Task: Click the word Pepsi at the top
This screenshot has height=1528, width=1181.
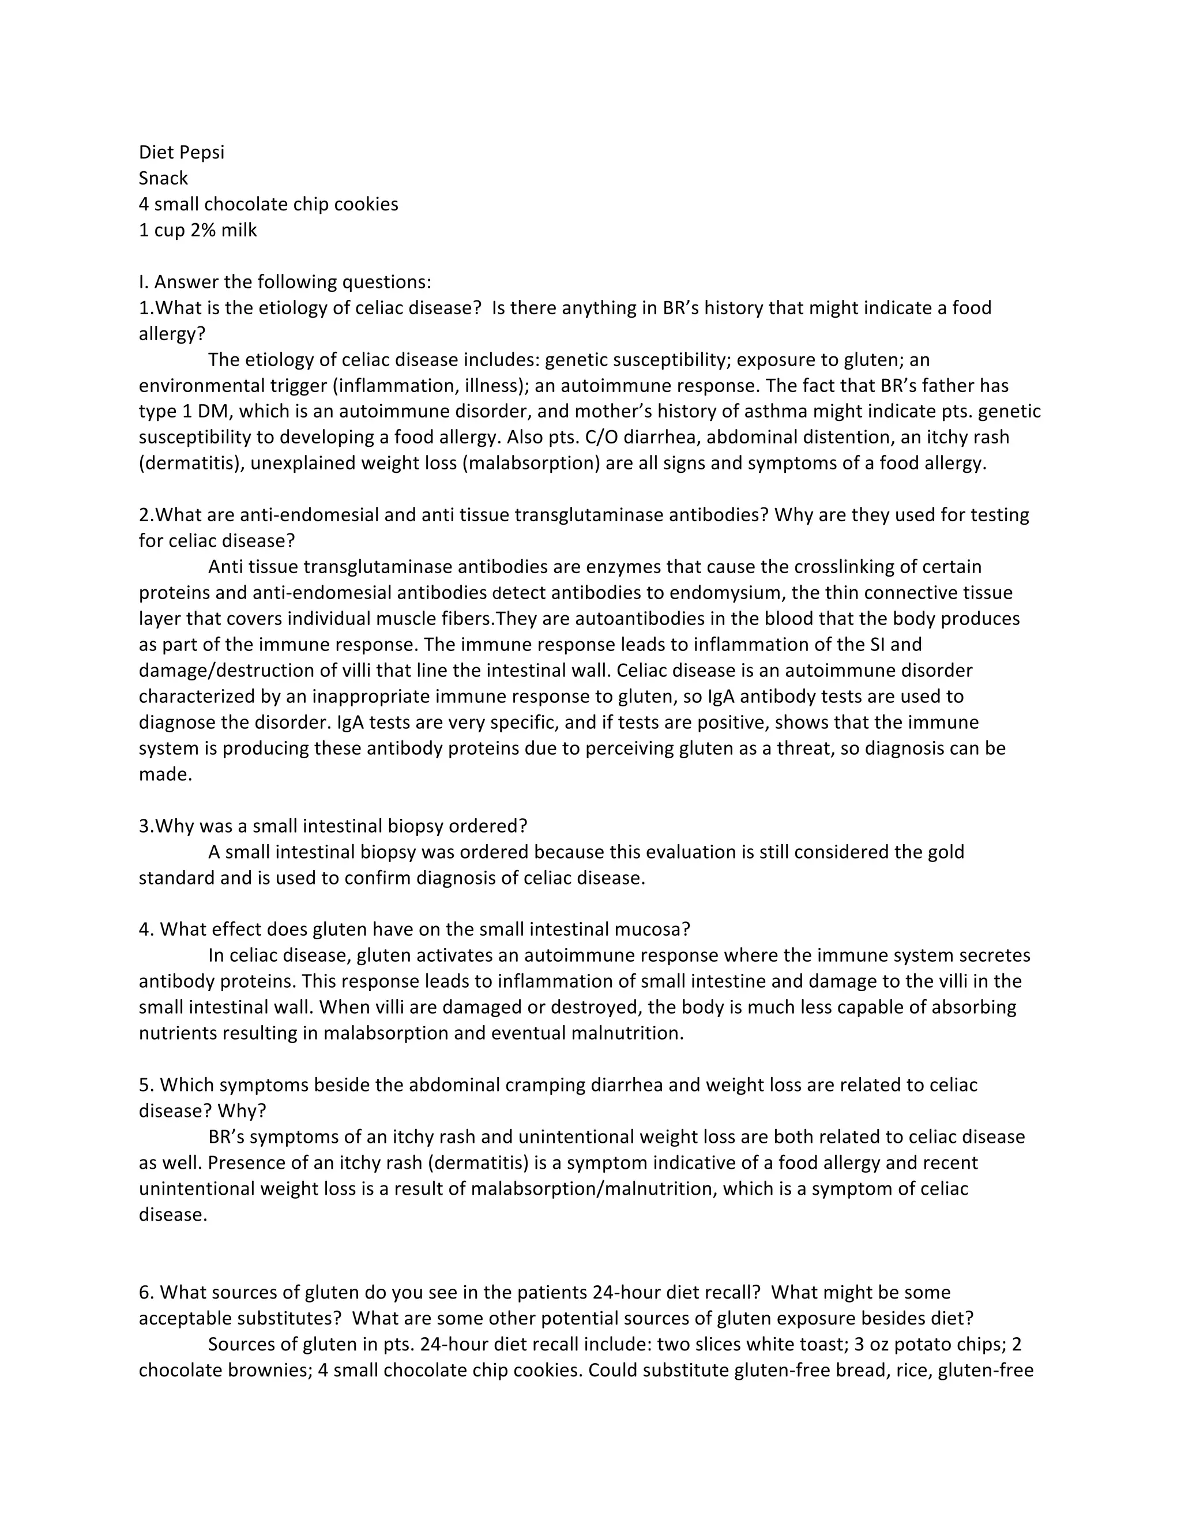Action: pos(202,153)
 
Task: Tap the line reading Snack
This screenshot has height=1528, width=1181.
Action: pos(163,178)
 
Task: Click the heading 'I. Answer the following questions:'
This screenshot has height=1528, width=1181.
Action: pos(285,282)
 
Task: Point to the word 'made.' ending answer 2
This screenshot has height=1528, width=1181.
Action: pos(165,774)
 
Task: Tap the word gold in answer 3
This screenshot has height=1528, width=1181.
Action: pos(946,852)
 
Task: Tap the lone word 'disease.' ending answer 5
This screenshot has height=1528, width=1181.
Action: pos(173,1214)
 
